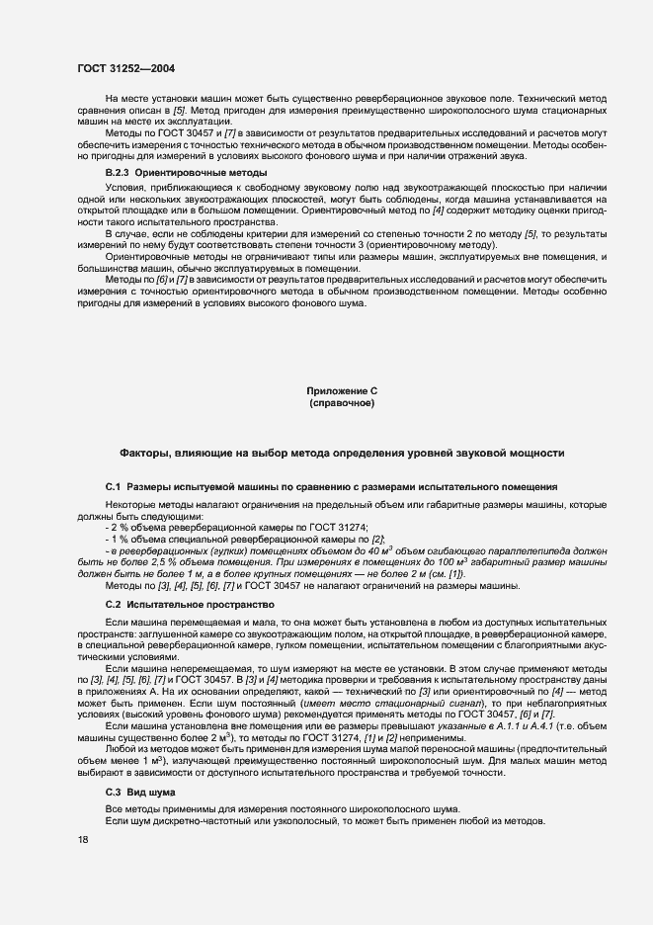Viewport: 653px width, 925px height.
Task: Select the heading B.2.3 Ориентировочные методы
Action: click(x=158, y=172)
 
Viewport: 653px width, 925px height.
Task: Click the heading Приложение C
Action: click(x=341, y=391)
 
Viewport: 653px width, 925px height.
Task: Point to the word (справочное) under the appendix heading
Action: click(x=341, y=403)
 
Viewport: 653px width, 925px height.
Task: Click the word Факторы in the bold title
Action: click(x=145, y=453)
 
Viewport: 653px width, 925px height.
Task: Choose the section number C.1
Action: click(x=113, y=487)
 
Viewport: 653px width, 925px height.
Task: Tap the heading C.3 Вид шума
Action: click(x=137, y=793)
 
